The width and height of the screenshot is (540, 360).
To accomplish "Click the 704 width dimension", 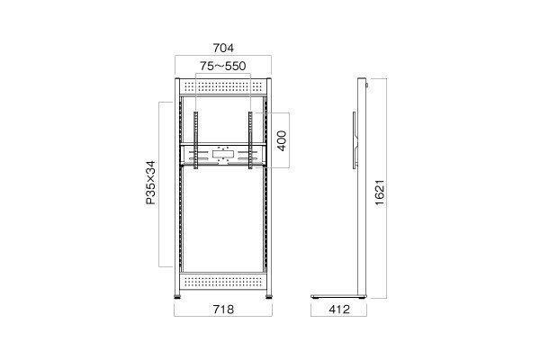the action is coord(223,48).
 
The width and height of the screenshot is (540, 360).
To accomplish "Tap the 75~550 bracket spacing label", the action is coord(223,66).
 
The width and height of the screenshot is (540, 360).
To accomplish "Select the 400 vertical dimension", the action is coord(282,140).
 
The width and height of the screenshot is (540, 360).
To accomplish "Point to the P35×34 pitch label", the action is coord(150,183).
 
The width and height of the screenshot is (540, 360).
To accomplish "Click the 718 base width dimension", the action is coord(223,310).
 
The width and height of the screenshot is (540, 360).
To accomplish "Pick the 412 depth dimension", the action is coord(339,310).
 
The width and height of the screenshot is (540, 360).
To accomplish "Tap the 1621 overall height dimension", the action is coord(380,193).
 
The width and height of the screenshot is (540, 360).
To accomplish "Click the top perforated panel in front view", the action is coord(223,87).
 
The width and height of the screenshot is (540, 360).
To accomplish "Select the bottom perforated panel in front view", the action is coord(223,282).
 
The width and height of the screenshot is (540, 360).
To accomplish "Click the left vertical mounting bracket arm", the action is coord(196,139).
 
